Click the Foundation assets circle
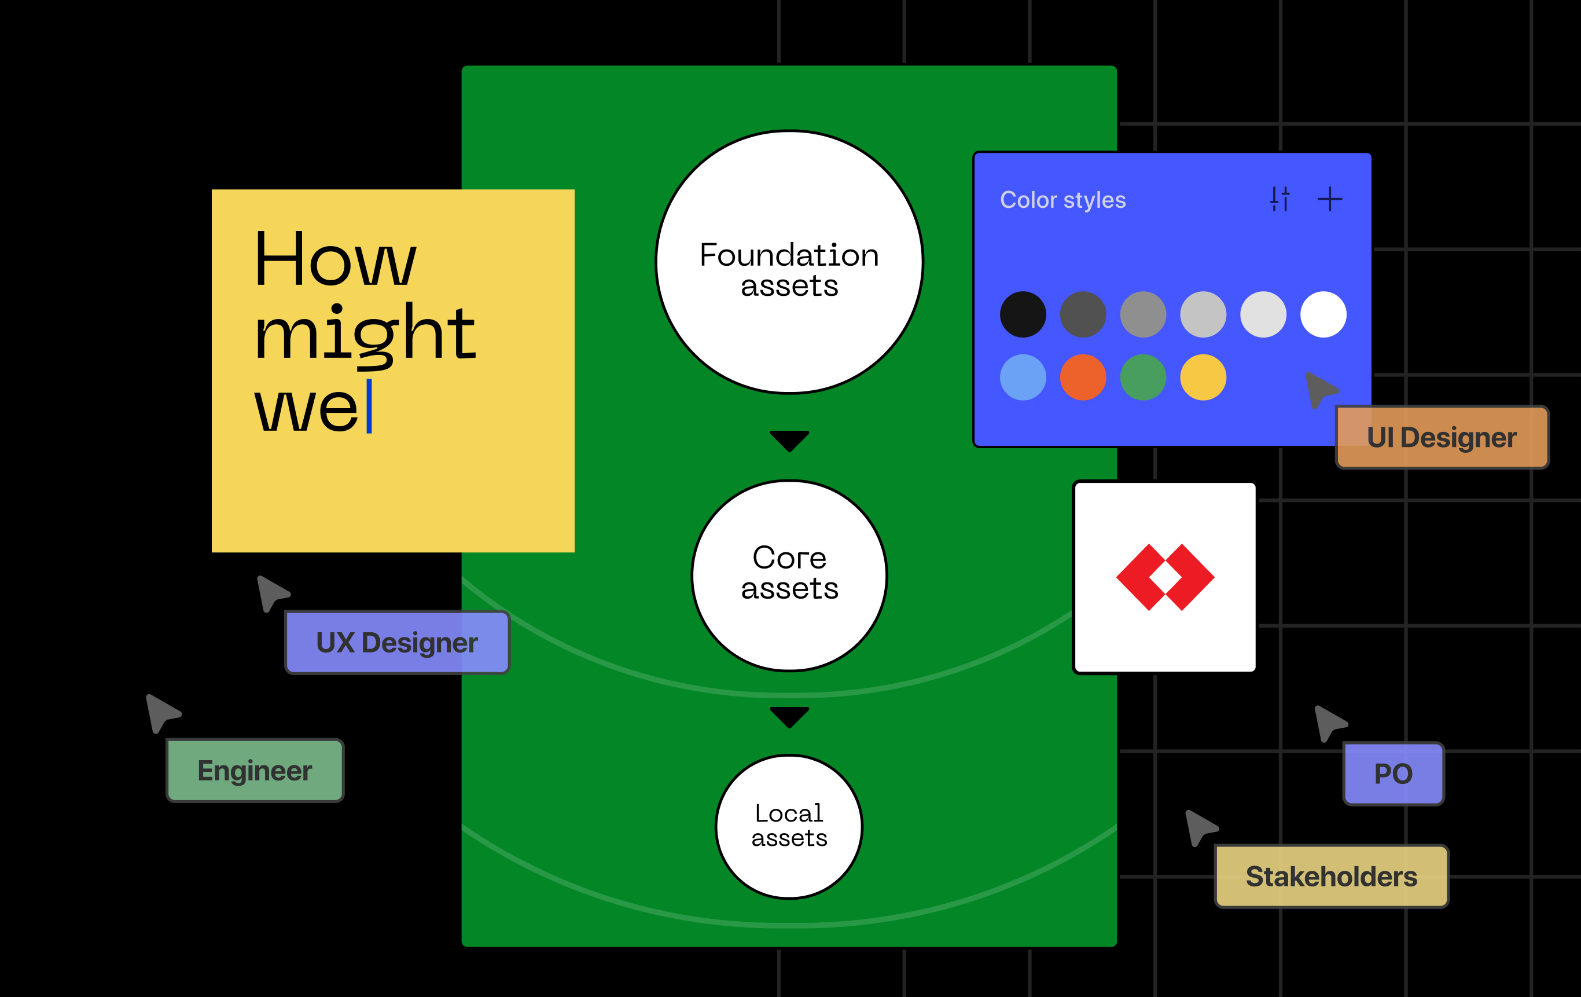point(789,262)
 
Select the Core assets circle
point(789,576)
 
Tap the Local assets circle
point(789,826)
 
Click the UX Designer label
point(397,642)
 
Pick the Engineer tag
point(255,771)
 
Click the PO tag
point(1394,774)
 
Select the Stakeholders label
point(1332,877)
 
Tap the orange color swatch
point(1083,377)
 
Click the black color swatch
point(1023,314)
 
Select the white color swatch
point(1323,314)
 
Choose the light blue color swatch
point(1023,377)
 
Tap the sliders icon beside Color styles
point(1280,199)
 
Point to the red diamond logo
point(1165,577)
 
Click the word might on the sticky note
point(365,334)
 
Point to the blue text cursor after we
point(369,406)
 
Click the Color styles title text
point(1063,200)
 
